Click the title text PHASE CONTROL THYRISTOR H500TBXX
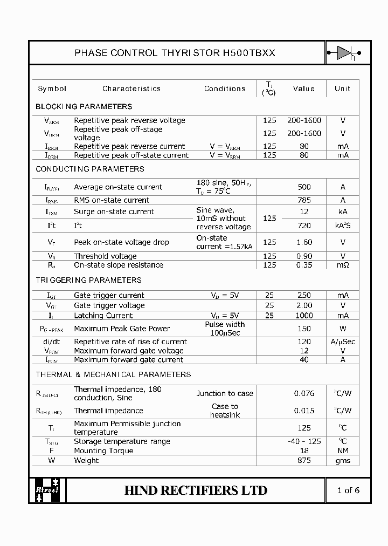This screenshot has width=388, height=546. click(x=175, y=53)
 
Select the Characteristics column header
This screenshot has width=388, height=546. click(x=131, y=88)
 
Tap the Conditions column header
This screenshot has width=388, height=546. click(x=225, y=88)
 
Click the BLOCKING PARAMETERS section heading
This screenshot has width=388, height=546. click(x=84, y=106)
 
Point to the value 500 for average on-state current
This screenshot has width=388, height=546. click(x=304, y=187)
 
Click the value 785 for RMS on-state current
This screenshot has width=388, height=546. click(x=304, y=200)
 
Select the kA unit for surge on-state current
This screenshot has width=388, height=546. click(x=342, y=211)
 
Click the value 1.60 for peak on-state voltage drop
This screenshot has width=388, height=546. click(x=304, y=242)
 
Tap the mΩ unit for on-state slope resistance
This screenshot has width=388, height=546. click(x=342, y=265)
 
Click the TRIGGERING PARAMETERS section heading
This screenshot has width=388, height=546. click(x=88, y=280)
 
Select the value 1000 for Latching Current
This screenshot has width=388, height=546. click(x=304, y=316)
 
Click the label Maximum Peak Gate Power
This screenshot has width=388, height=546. click(x=122, y=329)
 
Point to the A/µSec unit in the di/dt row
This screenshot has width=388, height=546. click(x=342, y=342)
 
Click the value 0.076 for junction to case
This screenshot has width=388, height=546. click(x=304, y=393)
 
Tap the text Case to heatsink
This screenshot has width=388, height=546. click(x=225, y=411)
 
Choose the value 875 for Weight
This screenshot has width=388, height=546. click(x=304, y=460)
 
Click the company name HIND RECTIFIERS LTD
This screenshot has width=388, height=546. click(x=196, y=490)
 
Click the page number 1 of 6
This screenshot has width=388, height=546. click(x=348, y=490)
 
